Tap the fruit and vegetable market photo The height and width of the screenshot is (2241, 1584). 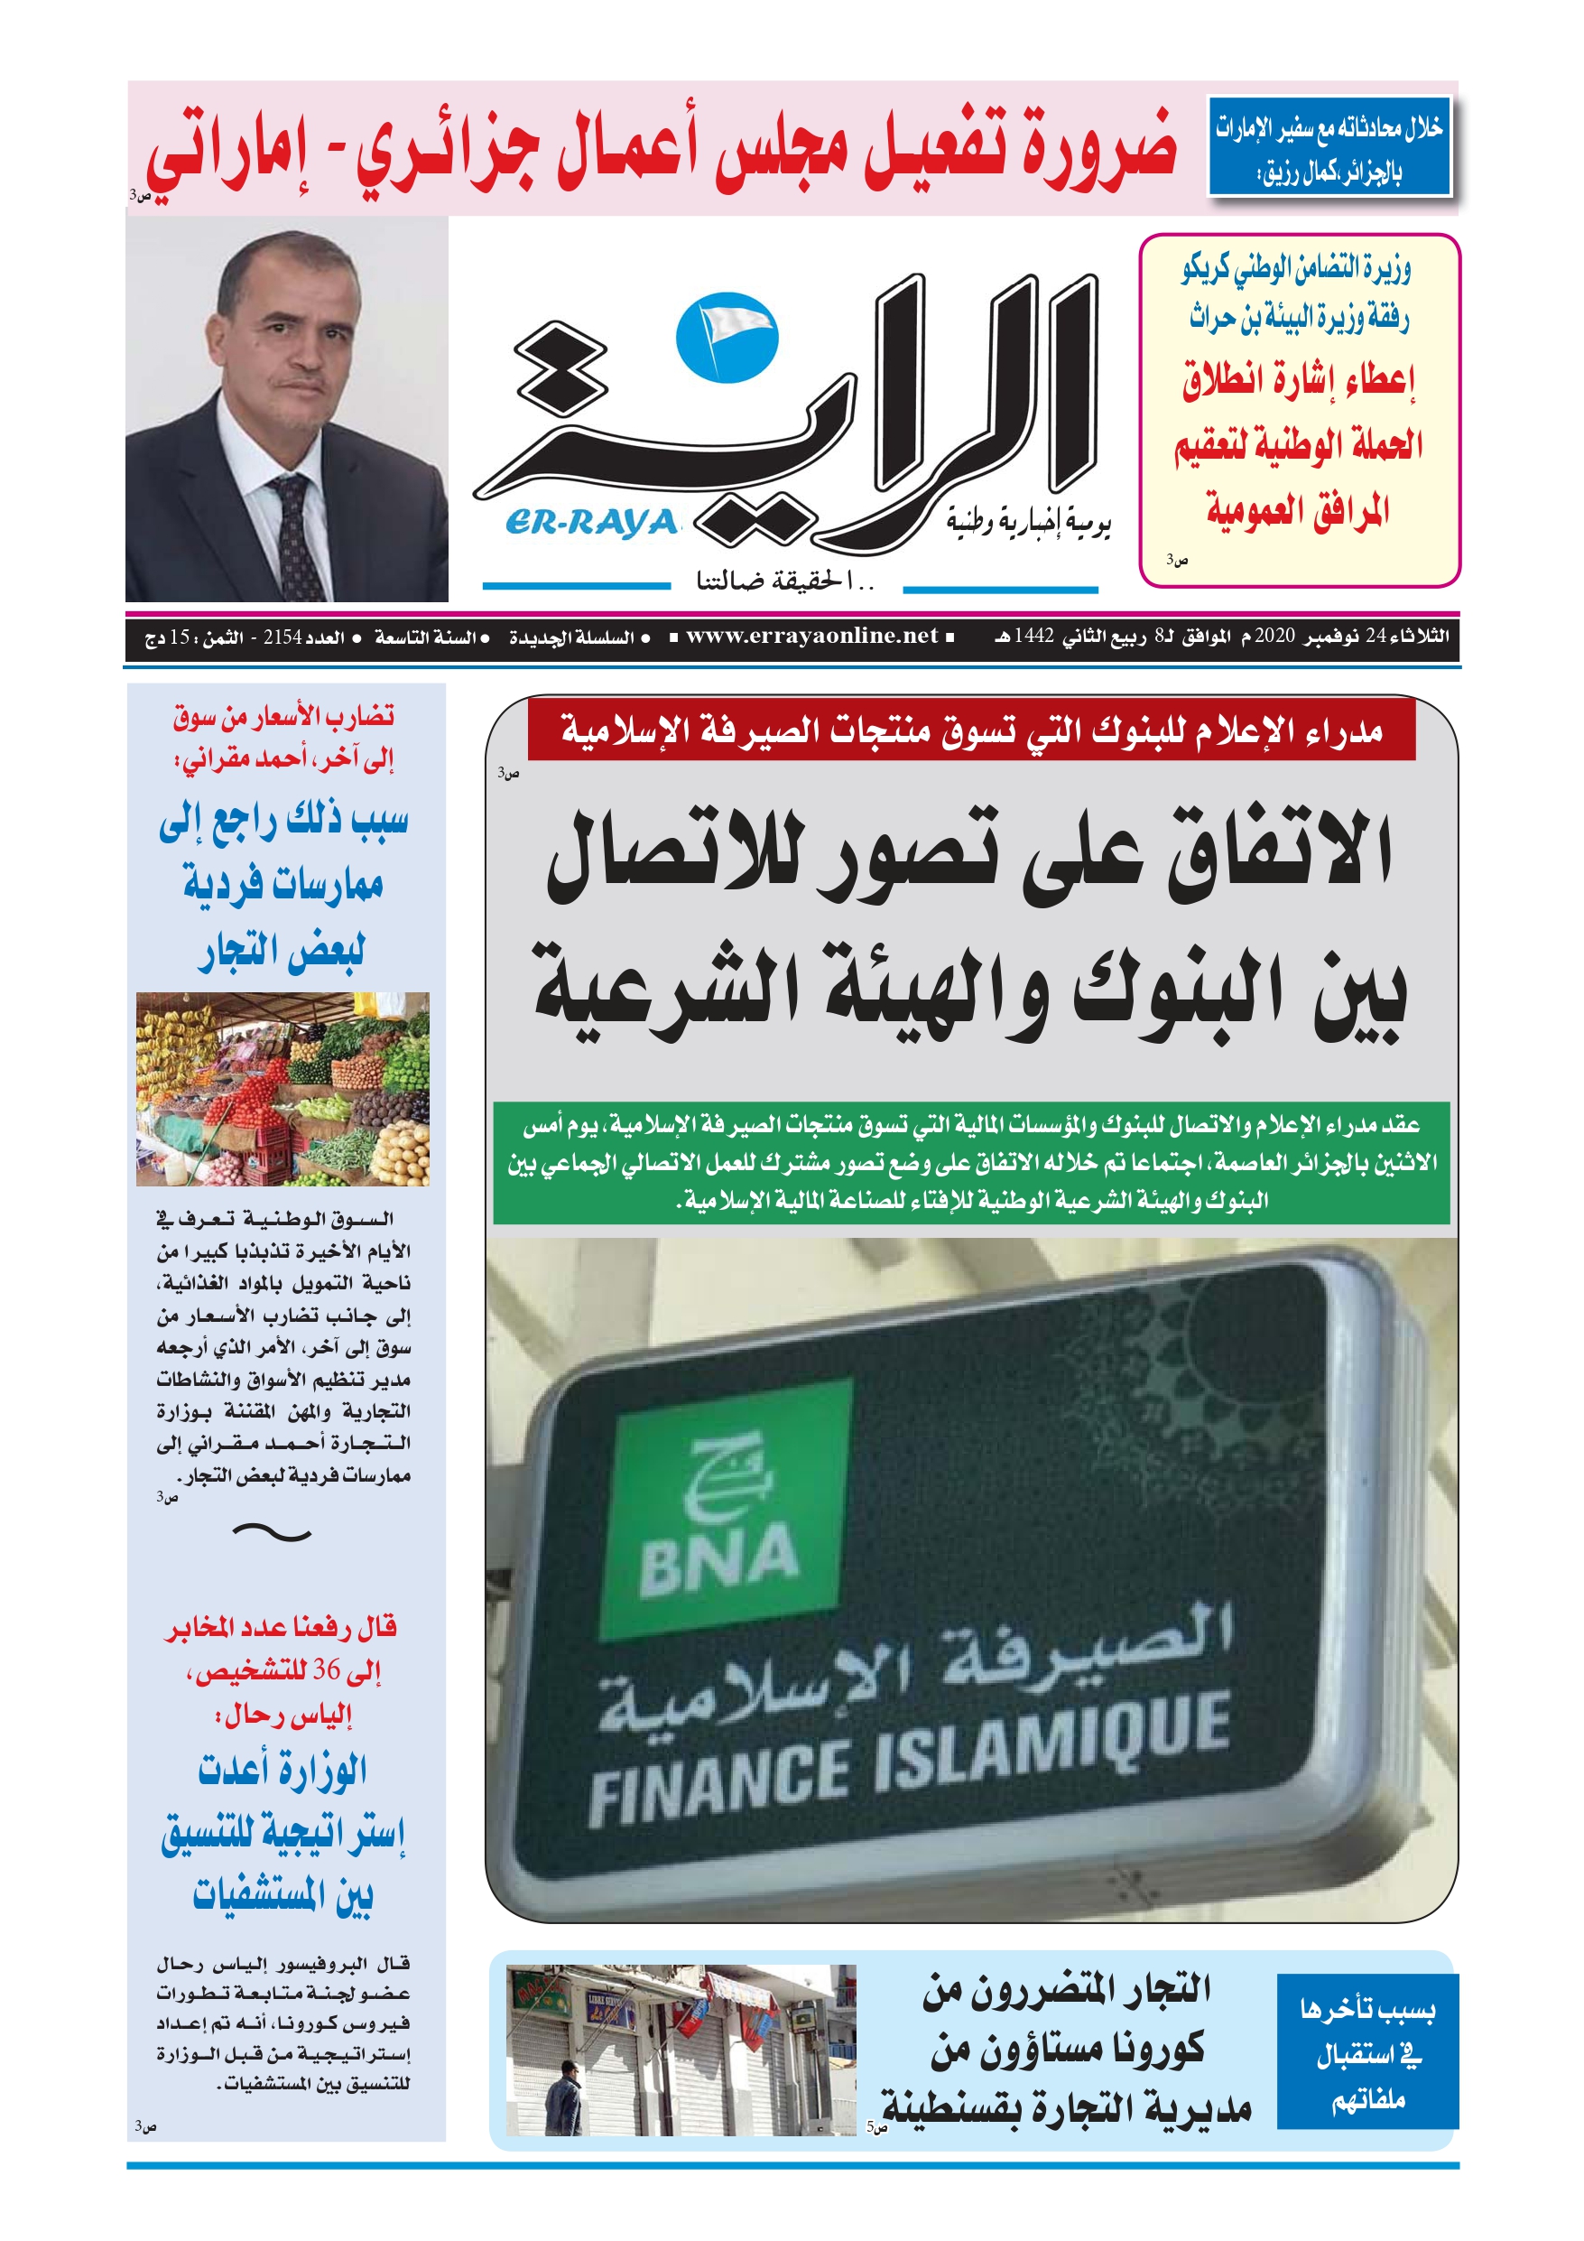click(x=283, y=1088)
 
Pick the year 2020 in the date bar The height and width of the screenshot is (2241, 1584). click(x=1274, y=637)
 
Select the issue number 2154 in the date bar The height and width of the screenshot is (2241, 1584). click(x=283, y=637)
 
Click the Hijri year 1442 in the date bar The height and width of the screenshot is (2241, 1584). click(x=1033, y=637)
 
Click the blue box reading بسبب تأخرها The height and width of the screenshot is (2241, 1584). click(x=1366, y=2052)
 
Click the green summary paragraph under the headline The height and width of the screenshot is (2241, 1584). click(x=970, y=1162)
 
